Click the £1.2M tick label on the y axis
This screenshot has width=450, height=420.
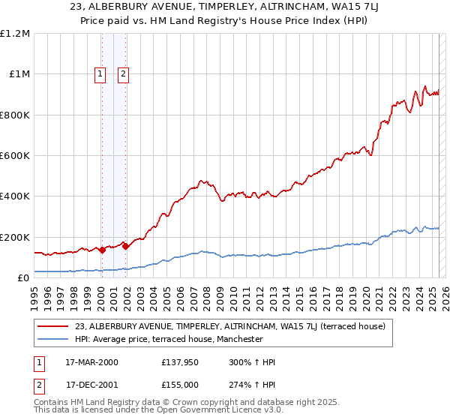click(x=16, y=34)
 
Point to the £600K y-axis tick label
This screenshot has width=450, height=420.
click(x=15, y=156)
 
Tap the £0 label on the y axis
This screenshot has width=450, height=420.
click(x=24, y=277)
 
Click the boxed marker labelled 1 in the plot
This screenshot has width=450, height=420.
click(x=100, y=73)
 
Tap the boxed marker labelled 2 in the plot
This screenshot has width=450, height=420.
click(x=123, y=73)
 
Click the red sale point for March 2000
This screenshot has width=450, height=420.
click(x=102, y=250)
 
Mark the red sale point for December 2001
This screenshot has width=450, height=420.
click(x=125, y=246)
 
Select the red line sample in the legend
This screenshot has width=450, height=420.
click(x=53, y=326)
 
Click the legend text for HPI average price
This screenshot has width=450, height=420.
click(x=169, y=339)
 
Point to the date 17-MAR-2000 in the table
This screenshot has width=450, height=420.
click(x=92, y=362)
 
